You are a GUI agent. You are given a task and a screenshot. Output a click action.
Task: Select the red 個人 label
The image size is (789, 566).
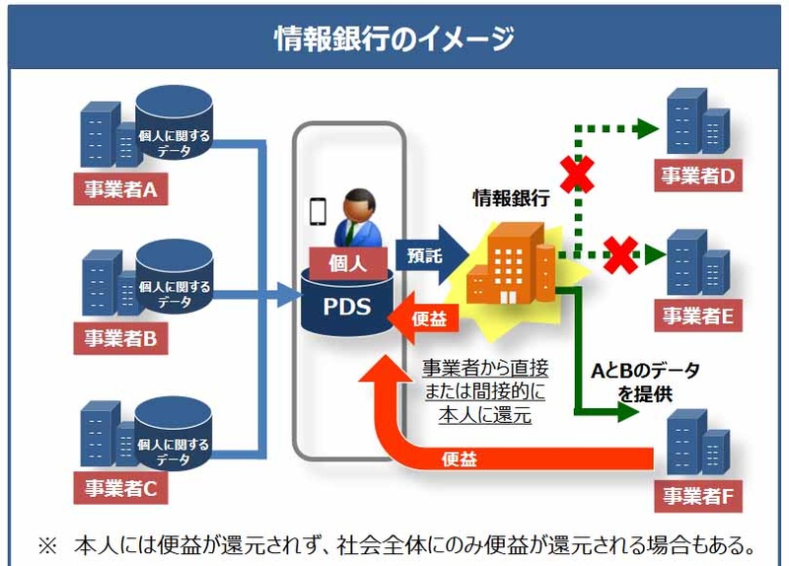point(347,262)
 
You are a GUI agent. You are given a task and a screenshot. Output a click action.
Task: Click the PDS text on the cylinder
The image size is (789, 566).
point(347,306)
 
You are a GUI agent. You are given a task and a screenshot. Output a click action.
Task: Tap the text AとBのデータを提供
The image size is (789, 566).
point(646,382)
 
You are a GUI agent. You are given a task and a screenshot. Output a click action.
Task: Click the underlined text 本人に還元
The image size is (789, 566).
point(485,415)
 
